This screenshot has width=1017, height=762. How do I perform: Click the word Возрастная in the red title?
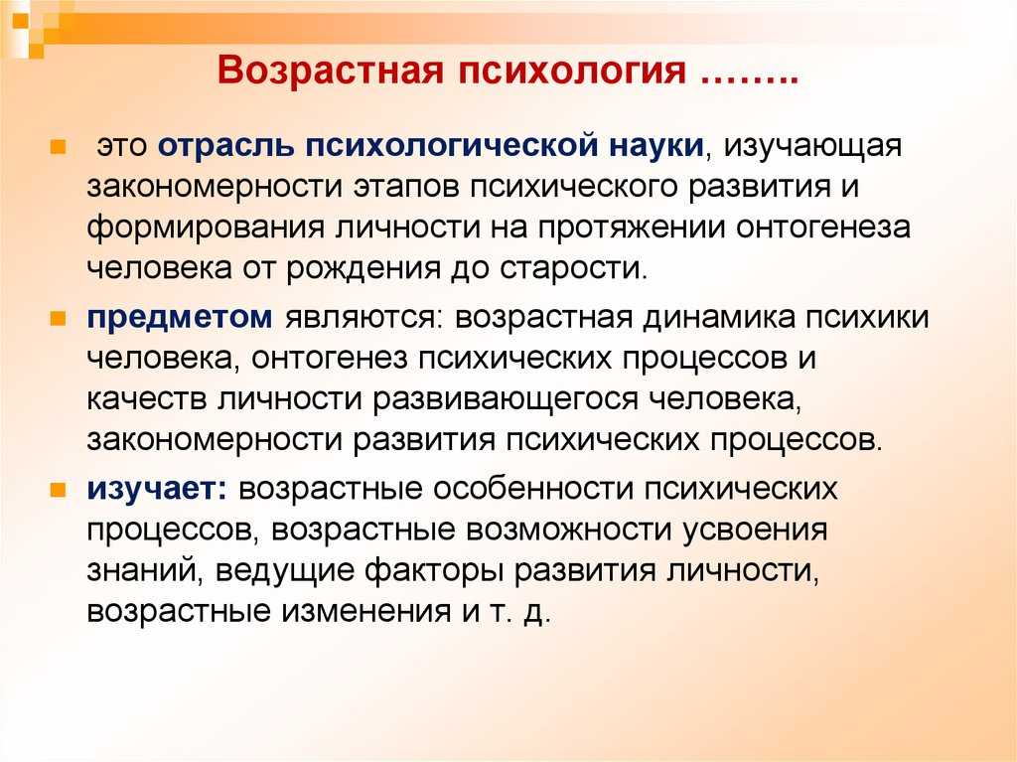330,71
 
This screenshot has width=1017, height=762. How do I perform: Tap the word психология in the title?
572,71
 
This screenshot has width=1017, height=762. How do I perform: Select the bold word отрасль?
225,145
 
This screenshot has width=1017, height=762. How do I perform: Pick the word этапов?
406,187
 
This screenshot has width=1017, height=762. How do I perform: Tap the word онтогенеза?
823,228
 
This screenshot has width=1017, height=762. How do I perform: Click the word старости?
574,268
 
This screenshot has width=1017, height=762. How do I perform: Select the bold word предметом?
180,318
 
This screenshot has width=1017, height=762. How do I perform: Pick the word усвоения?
755,531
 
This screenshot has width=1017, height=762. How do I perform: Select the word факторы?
434,571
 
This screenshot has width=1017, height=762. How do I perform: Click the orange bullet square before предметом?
59,319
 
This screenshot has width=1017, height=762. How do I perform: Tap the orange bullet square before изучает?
59,490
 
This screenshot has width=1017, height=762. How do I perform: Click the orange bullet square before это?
59,146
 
